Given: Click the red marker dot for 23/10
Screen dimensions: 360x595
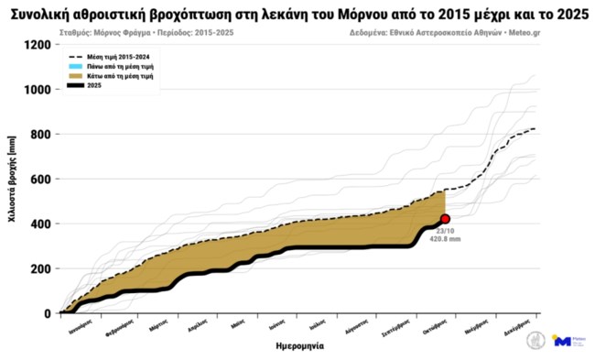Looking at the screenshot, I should point(445,219).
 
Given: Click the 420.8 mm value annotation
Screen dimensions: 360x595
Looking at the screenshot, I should point(445,238).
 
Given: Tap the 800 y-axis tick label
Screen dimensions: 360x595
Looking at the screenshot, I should point(40,135).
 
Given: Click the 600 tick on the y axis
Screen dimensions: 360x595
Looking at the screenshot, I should point(40,180).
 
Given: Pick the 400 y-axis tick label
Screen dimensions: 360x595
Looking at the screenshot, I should point(40,224).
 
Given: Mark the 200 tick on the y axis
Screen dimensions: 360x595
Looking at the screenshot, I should point(40,269).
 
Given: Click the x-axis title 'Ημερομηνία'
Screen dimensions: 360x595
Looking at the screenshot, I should point(299,346).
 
